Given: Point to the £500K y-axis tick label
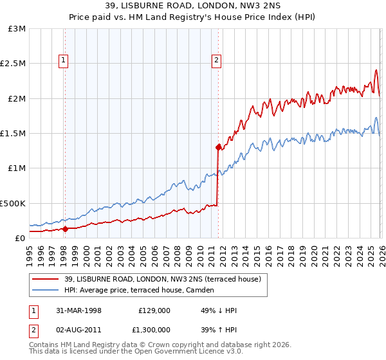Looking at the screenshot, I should pyautogui.click(x=13, y=203).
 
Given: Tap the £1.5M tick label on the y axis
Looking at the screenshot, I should pyautogui.click(x=13, y=134).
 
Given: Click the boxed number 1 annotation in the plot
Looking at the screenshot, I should pyautogui.click(x=64, y=61).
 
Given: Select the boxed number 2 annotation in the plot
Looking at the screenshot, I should pyautogui.click(x=216, y=61).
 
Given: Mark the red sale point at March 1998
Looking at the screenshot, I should pyautogui.click(x=65, y=228).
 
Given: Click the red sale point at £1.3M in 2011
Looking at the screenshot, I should pyautogui.click(x=219, y=147).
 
